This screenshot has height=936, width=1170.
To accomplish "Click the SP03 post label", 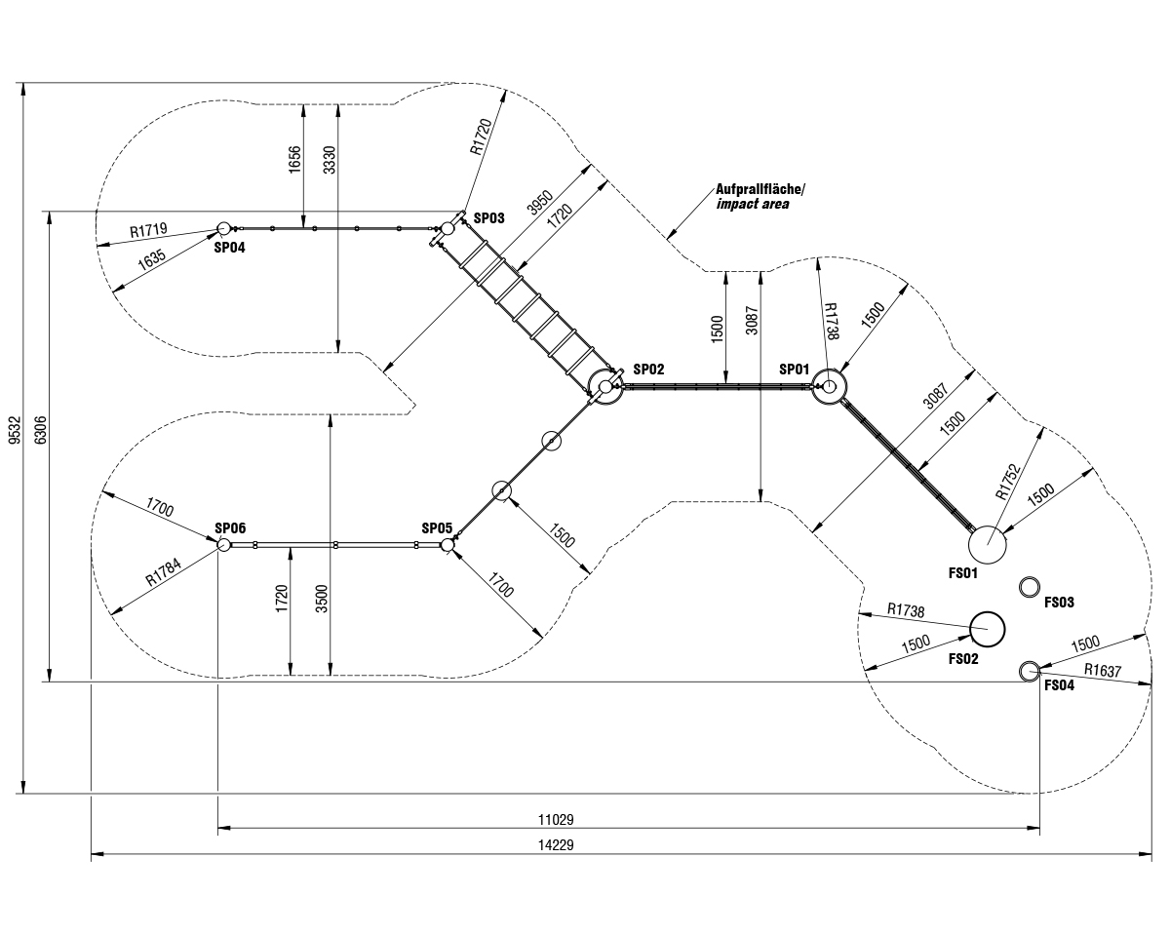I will pos(488,218).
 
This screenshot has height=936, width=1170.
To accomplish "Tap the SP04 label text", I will pos(230,248).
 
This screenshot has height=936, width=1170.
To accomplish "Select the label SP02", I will pos(648,370).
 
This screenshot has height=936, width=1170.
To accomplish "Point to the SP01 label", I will pos(795,370).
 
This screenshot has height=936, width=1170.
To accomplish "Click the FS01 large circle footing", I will pos(988,544).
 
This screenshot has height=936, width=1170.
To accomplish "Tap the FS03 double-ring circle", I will pos(1029,587).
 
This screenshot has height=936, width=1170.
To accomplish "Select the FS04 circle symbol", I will pos(1029,671).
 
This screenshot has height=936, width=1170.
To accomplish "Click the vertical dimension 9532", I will pos(14,432).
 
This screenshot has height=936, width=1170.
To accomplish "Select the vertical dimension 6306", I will pos(40,432).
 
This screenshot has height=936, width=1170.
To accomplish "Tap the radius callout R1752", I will pos(1008,482).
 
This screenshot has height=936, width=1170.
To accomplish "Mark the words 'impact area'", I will pos(753,205).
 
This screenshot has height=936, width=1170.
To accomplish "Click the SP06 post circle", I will pos(222,544).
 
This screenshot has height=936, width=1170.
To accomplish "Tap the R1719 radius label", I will pos(149,231).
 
